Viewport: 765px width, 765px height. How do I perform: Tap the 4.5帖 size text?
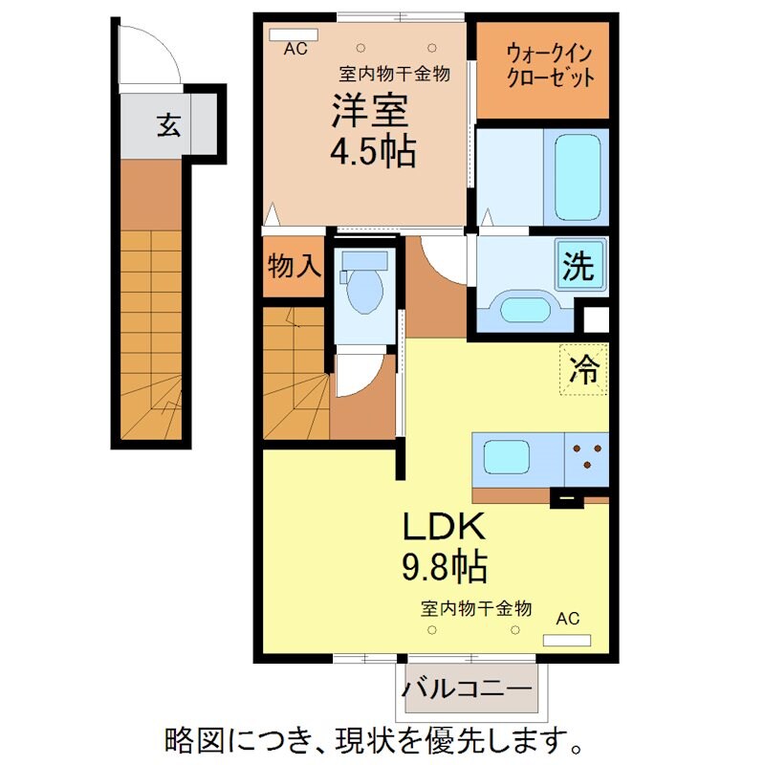[x=375, y=152]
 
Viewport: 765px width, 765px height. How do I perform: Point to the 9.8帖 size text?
[x=444, y=567]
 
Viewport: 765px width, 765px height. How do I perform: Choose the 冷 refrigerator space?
[x=584, y=368]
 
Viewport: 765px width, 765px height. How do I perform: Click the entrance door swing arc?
[x=159, y=54]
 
